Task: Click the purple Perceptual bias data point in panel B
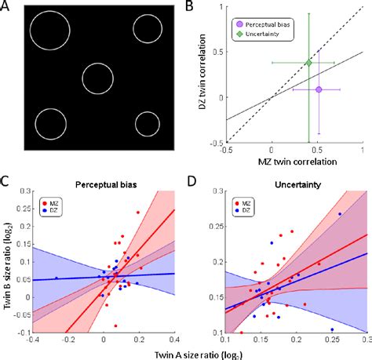(x=319, y=89)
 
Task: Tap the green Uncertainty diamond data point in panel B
(x=308, y=62)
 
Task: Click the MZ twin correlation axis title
(x=293, y=162)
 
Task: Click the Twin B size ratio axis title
(x=8, y=267)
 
